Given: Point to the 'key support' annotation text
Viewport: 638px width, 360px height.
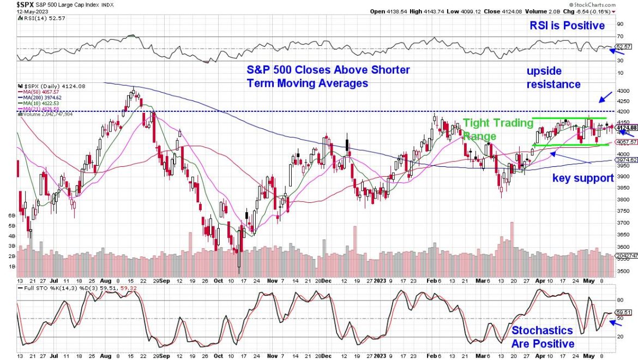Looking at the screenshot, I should (583, 177).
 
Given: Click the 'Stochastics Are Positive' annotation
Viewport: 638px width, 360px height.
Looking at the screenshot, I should (543, 337).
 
